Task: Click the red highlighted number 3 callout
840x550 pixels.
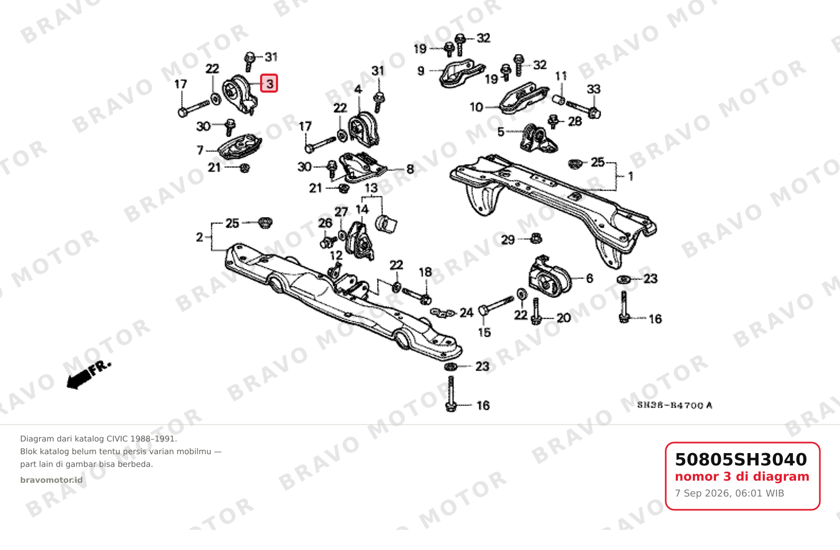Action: (269, 83)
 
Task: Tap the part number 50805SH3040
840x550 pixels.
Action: (740, 459)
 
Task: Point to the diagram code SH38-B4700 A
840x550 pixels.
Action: (675, 405)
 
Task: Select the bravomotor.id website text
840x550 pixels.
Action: (51, 480)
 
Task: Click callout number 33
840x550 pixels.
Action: (594, 89)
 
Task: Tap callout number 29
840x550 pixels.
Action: (508, 240)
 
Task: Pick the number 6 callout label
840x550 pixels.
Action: (589, 278)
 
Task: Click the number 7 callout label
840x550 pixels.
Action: (200, 150)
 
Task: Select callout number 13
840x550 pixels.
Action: (371, 188)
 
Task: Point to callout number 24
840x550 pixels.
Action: (467, 313)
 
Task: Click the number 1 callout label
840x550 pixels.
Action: (631, 176)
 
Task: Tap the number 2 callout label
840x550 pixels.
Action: (200, 237)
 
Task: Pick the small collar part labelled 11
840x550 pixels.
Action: (559, 100)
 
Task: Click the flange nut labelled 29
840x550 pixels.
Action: (536, 238)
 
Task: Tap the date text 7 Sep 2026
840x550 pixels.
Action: (702, 493)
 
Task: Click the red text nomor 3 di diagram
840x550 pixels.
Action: (742, 476)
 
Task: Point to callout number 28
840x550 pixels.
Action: (575, 121)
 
